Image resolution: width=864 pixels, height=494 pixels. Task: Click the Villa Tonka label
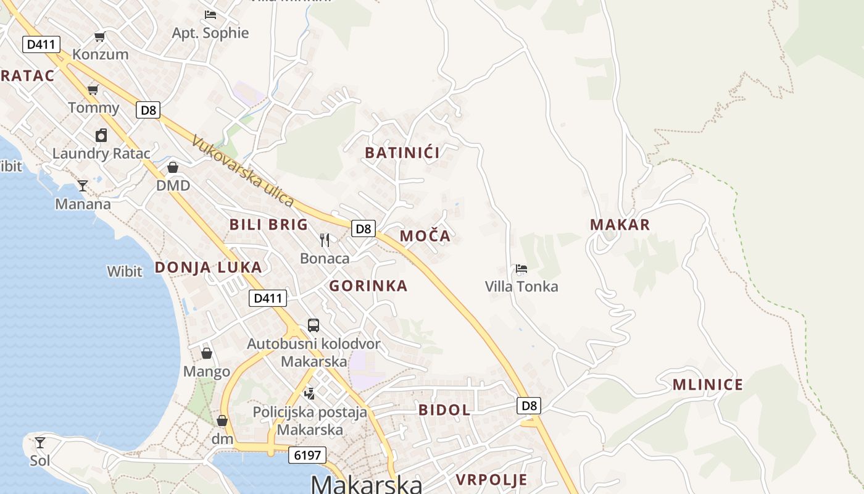point(521,287)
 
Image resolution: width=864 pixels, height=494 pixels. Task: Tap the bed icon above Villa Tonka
point(521,269)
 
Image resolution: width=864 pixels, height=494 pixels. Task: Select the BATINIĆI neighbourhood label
point(402,153)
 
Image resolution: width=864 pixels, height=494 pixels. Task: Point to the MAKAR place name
point(620,225)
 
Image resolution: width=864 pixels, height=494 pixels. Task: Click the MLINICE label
point(708,385)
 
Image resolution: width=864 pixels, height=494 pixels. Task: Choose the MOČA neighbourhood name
point(425,236)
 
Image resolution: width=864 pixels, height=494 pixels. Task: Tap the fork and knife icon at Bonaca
point(325,240)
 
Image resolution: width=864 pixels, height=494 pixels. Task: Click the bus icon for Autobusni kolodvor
point(314,325)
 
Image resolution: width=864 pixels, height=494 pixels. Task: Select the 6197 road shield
point(307,456)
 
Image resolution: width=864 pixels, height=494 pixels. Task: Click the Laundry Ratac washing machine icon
point(101,135)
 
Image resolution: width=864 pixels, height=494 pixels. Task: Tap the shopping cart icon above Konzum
point(100,36)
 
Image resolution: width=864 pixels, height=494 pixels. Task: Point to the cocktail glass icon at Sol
point(40,442)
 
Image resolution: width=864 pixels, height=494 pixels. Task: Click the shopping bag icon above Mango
point(207,353)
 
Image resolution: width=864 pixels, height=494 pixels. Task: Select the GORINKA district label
point(368,286)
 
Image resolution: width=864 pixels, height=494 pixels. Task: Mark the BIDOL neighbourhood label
point(444,410)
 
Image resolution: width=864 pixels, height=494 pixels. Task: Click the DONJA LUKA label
point(208,267)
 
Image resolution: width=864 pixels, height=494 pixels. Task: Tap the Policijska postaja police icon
point(310,393)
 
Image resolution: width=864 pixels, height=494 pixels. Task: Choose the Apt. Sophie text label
point(210,33)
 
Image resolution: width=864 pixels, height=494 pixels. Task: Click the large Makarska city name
point(367,484)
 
